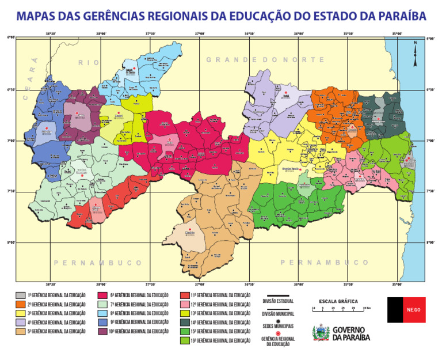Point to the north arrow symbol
point(415,49)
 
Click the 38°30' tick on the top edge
point(51,34)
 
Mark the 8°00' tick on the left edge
point(11,242)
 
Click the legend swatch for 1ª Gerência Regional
point(20,295)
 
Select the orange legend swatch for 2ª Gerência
point(20,304)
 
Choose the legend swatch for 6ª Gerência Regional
point(103,295)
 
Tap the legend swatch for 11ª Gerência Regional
point(185,295)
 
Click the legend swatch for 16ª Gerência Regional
point(185,340)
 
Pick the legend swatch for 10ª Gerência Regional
point(103,331)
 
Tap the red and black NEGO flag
point(406,310)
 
